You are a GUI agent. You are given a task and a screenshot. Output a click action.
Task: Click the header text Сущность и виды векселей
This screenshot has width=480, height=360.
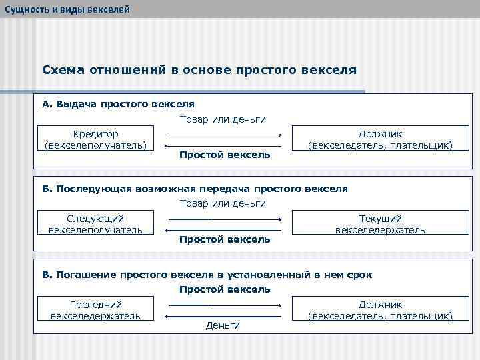(x=65, y=9)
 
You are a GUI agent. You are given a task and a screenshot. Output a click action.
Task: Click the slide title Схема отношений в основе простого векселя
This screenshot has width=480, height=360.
(x=199, y=69)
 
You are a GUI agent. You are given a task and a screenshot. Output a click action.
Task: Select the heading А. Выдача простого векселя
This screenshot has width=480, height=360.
(x=118, y=104)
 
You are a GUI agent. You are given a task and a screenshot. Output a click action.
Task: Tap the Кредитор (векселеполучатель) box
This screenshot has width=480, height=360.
(x=95, y=139)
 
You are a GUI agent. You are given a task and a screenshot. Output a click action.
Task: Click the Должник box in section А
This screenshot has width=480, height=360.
(x=380, y=139)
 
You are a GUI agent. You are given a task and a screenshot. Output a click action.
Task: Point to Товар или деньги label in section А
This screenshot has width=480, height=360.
(x=223, y=119)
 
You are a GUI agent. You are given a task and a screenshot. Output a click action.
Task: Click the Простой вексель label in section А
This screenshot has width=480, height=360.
(x=225, y=155)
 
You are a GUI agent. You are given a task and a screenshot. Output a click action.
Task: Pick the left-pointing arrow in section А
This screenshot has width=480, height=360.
(x=224, y=146)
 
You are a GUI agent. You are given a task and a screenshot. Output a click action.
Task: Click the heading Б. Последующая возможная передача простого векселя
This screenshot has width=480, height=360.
(x=195, y=189)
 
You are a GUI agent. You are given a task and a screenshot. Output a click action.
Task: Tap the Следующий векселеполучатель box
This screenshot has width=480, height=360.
(x=95, y=224)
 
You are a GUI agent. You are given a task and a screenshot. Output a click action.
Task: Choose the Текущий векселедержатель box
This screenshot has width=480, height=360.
(x=380, y=224)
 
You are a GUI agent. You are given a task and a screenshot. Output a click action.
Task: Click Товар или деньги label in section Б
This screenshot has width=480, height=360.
(x=223, y=203)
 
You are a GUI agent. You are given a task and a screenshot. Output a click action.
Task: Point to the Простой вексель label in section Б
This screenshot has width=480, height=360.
(x=225, y=239)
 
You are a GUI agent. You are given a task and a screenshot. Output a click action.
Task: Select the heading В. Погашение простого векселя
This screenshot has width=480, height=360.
(x=207, y=275)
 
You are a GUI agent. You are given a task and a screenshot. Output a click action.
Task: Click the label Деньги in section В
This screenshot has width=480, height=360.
(x=223, y=325)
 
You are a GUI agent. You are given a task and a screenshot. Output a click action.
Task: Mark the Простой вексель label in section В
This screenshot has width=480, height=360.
(x=225, y=289)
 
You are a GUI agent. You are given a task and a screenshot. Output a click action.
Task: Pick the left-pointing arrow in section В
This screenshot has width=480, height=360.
(x=224, y=315)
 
